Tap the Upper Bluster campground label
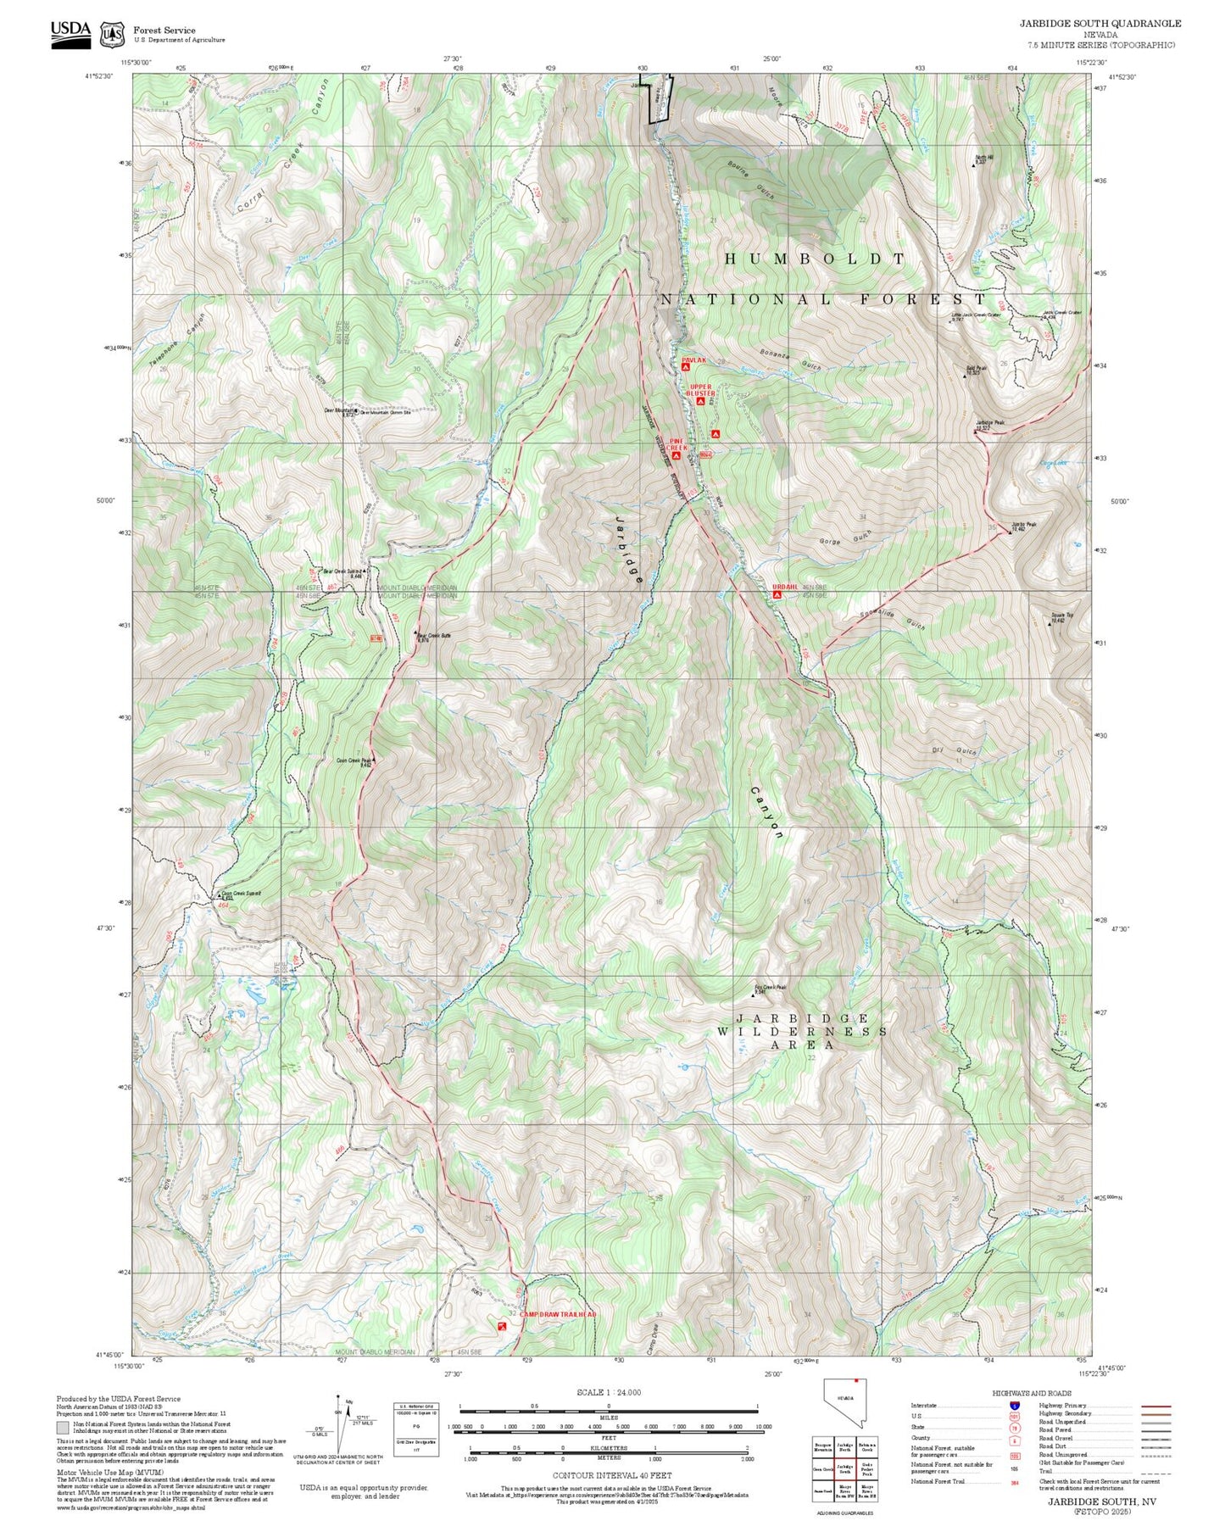tap(700, 390)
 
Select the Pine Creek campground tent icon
tap(676, 455)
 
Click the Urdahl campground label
tap(784, 587)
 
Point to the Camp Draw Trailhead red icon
tap(502, 1324)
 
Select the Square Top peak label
tap(1061, 616)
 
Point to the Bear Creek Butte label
tap(434, 635)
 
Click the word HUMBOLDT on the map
tap(814, 259)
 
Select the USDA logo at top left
tap(70, 32)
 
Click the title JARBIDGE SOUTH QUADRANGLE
tap(1100, 24)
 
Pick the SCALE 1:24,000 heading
tap(609, 1392)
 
